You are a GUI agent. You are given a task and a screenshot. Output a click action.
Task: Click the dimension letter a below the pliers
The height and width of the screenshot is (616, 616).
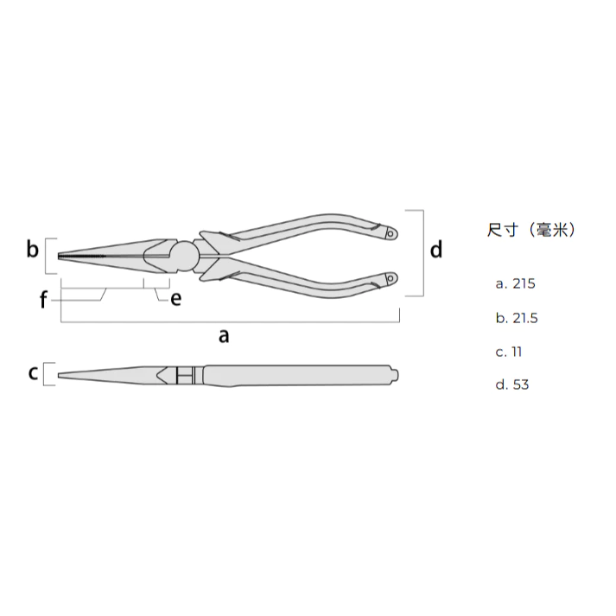click(x=224, y=337)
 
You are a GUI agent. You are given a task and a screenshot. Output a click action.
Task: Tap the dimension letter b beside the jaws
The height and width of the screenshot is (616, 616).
click(x=33, y=250)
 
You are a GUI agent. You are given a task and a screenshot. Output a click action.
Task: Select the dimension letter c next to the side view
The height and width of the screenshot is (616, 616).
click(x=34, y=373)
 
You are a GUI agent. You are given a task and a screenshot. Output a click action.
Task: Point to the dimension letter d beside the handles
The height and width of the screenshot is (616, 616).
click(x=436, y=250)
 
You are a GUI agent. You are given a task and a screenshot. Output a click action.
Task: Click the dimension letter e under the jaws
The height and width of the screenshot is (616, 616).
click(x=176, y=299)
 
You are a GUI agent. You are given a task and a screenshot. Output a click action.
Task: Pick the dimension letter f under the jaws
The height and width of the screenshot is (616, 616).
click(x=43, y=300)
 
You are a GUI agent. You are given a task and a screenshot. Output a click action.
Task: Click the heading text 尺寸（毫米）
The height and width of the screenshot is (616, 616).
click(x=530, y=230)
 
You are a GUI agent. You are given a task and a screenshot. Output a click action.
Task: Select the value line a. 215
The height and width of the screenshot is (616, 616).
click(x=516, y=283)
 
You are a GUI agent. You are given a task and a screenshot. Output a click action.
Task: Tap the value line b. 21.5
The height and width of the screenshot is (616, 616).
click(x=517, y=318)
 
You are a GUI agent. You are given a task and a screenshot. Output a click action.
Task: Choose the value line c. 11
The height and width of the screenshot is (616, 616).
click(x=509, y=352)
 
